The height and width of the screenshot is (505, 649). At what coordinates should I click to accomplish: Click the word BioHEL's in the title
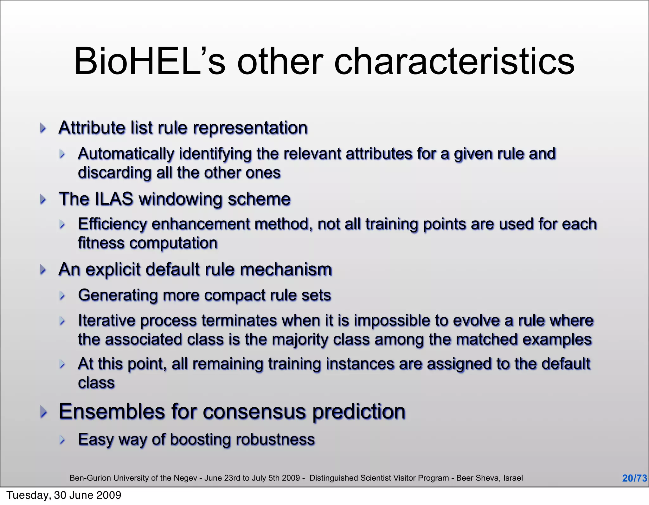tap(149, 61)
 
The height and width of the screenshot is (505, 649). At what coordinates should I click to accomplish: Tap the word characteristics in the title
tap(454, 61)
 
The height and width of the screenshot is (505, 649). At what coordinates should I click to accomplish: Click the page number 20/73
tap(634, 478)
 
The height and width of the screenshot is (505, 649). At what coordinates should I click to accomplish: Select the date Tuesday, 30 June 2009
tap(64, 495)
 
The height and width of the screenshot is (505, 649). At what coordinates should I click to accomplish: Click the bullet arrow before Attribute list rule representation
tap(43, 128)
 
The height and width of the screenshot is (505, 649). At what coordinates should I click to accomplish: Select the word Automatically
tap(126, 154)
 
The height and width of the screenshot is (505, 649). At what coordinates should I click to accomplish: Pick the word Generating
tap(118, 295)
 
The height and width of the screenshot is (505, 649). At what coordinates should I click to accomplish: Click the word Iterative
tap(106, 320)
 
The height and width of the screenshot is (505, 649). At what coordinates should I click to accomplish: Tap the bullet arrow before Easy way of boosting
tap(62, 440)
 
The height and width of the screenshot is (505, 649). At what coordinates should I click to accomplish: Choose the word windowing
tap(180, 199)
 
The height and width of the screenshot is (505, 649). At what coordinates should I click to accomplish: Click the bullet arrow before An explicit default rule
tap(43, 270)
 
